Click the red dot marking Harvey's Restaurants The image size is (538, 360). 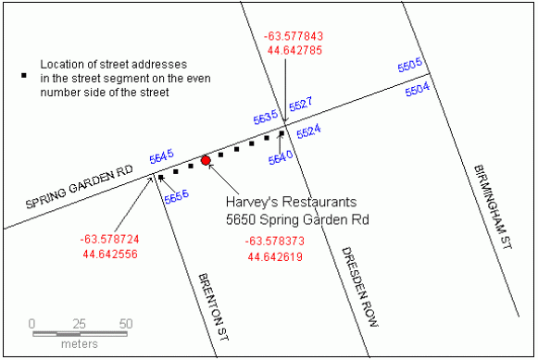pos(206,160)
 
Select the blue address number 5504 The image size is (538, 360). pos(419,88)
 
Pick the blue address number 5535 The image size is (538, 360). pos(266,118)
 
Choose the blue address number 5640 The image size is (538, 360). pos(281,155)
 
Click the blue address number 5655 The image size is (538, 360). pos(176,196)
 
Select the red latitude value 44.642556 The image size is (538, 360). pos(109,254)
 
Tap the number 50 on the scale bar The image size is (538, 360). pos(126,324)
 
